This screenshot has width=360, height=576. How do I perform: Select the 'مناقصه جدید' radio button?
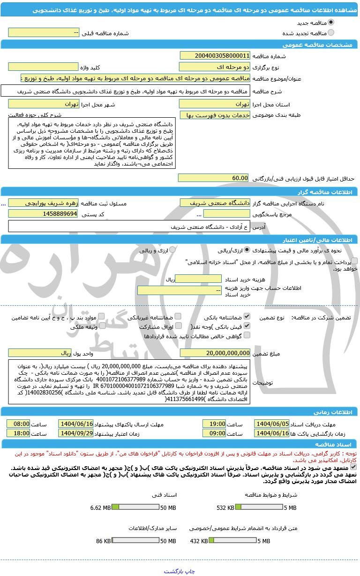tap(331, 22)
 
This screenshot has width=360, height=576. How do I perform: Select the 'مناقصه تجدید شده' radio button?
tap(331, 33)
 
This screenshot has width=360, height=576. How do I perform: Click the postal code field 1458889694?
tap(43, 214)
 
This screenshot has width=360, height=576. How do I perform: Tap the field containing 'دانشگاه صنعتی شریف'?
tap(215, 203)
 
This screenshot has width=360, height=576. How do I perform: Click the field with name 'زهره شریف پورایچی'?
tap(43, 203)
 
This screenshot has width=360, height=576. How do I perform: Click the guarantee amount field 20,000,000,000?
tap(215, 353)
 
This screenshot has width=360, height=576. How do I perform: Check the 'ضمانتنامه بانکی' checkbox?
tap(247, 317)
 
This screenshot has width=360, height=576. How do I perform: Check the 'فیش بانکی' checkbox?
tap(247, 326)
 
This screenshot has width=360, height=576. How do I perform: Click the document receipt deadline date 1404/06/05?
tap(271, 424)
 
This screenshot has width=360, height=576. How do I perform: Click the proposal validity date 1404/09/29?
tap(76, 433)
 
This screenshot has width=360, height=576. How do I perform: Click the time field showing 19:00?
tap(214, 424)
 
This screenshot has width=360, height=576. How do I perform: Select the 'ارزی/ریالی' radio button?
tap(247, 250)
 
